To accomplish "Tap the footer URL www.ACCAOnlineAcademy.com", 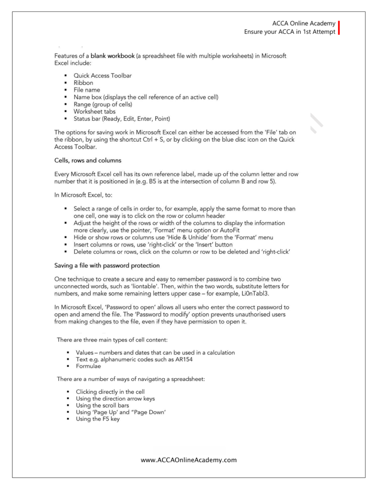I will (189, 460).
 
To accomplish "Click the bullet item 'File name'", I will (89, 90).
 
